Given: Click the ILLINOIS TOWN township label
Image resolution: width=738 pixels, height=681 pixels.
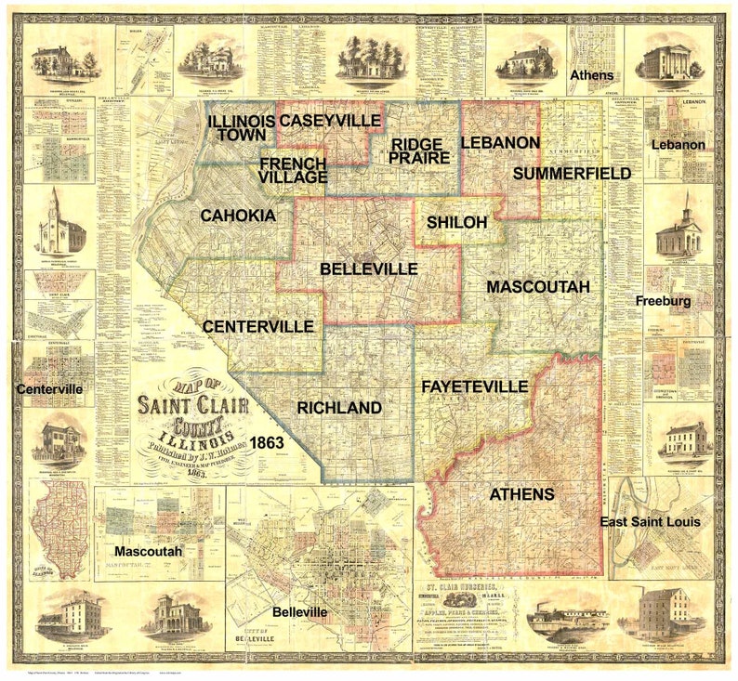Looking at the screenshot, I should (240, 128).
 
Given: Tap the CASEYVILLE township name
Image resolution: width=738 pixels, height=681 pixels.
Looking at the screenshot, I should (330, 121).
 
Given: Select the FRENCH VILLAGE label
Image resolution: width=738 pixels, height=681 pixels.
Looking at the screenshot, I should (293, 170).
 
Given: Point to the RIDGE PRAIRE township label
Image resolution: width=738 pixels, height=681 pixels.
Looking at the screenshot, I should (420, 151).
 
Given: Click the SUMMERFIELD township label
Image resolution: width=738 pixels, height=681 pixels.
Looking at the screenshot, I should (572, 174).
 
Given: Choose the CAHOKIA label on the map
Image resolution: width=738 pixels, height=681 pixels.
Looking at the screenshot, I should (238, 216).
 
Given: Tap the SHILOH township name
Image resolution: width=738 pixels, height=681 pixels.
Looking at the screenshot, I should (456, 222).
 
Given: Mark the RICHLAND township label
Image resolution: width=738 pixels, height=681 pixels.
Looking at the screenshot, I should (339, 408).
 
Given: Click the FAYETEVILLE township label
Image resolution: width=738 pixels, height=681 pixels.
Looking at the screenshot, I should (474, 386).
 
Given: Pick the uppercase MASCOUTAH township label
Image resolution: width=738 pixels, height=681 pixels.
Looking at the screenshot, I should (538, 287).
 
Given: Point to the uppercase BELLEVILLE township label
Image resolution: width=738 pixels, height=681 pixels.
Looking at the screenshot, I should (368, 268).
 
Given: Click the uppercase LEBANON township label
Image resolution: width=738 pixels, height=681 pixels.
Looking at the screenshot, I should (499, 142).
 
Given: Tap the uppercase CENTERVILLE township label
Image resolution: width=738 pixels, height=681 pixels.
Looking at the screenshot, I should (257, 326).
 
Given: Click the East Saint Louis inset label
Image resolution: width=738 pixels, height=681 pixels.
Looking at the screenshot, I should (651, 522).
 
